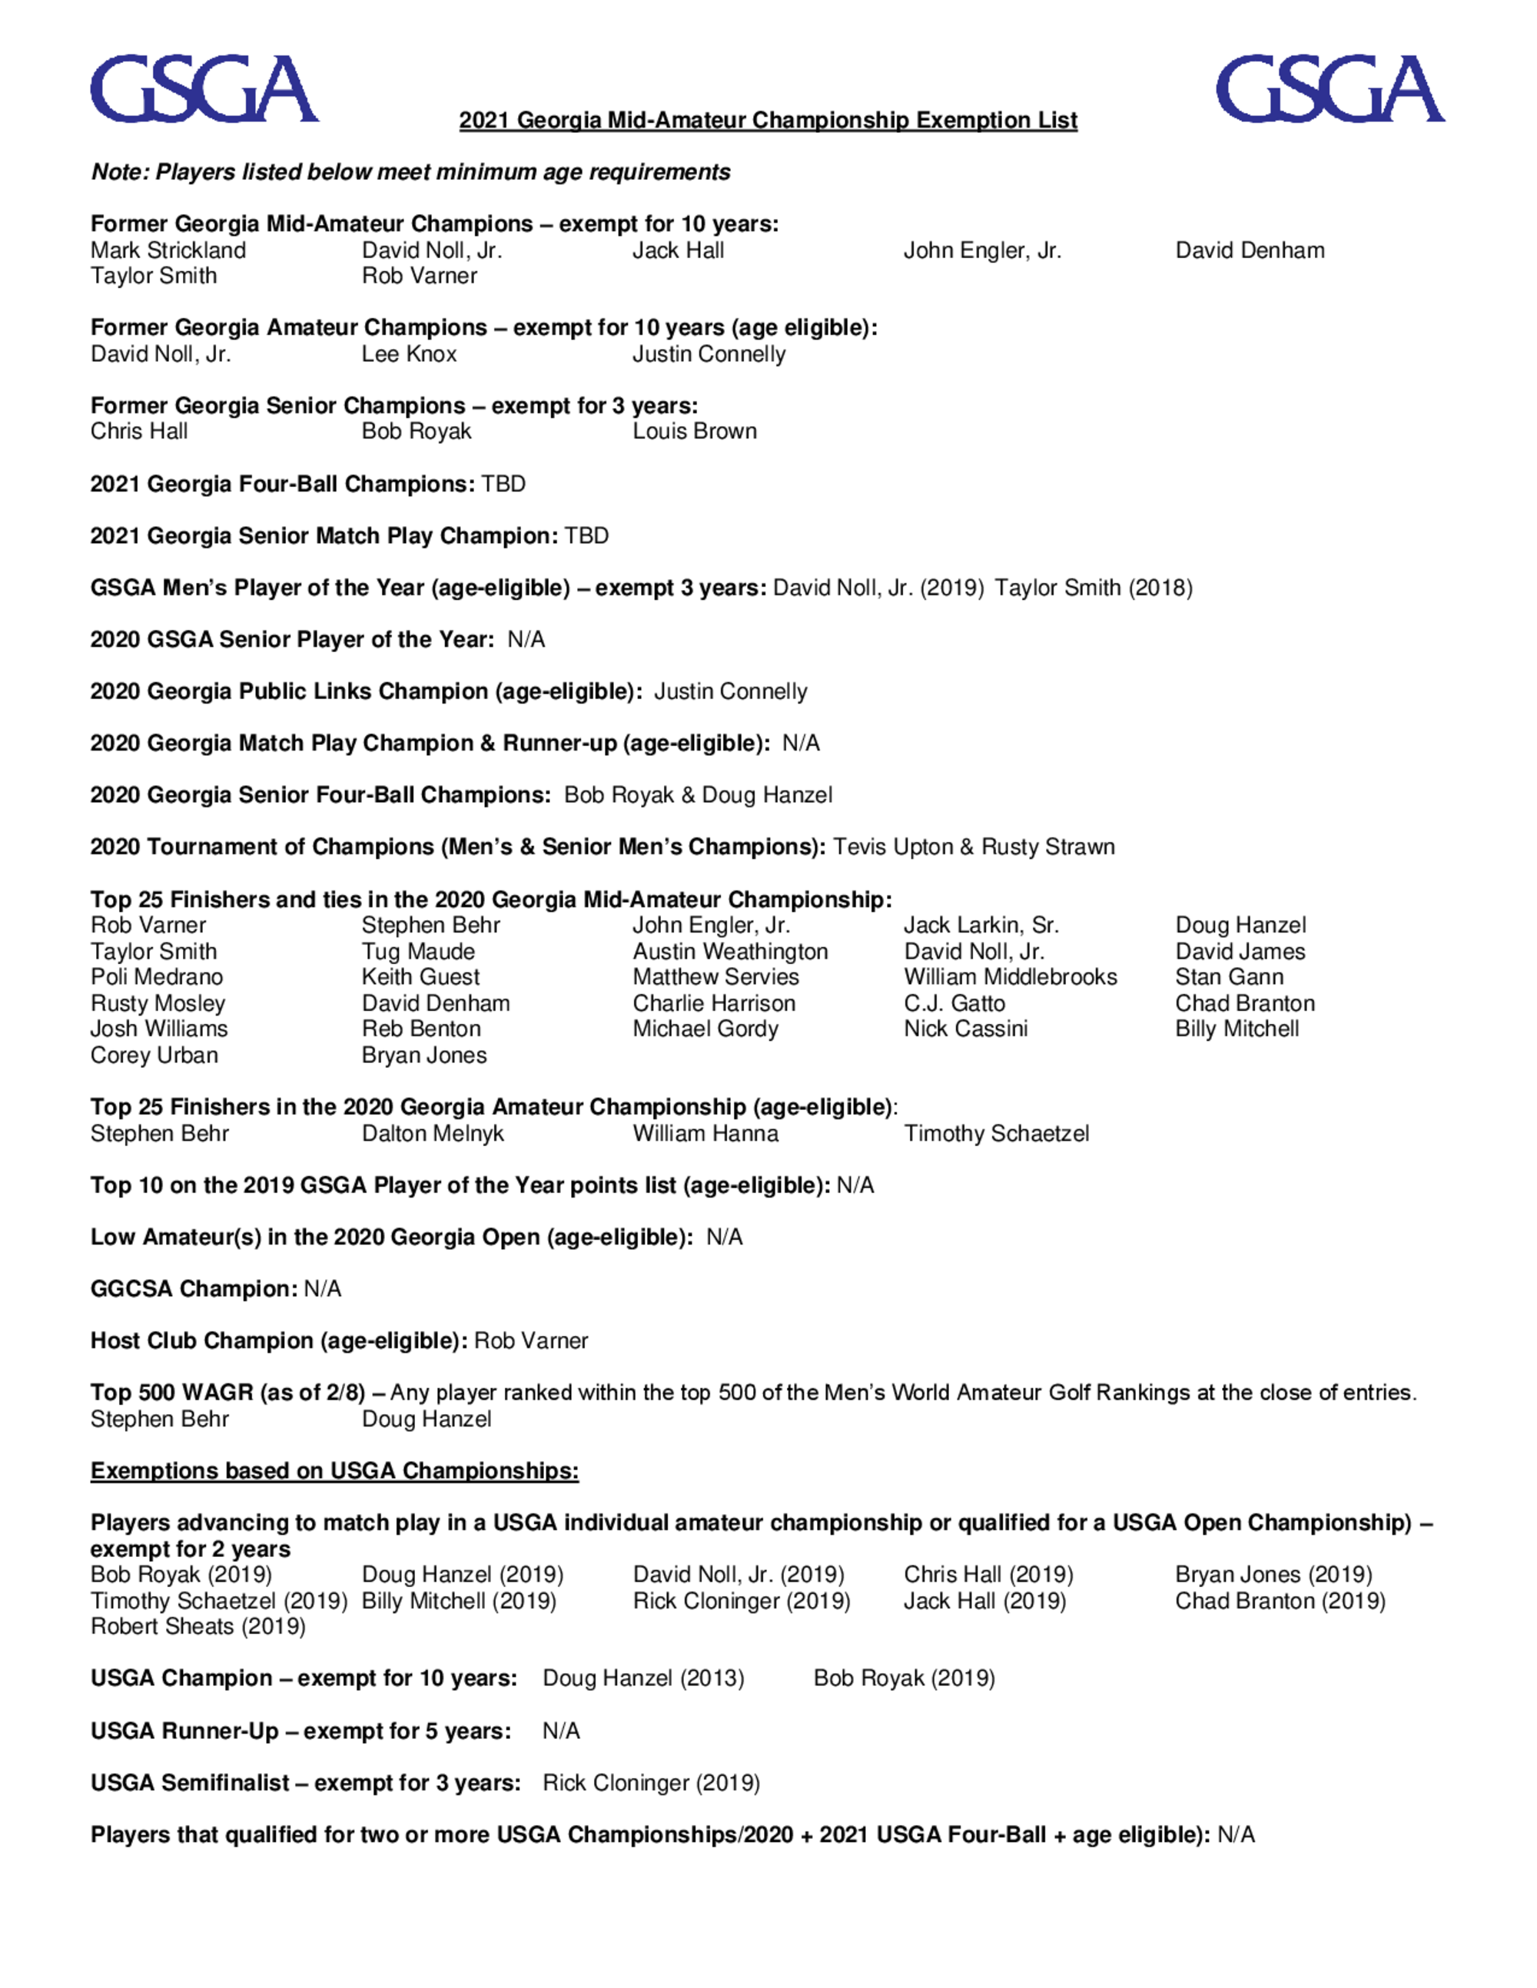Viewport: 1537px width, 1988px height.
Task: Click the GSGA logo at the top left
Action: click(x=204, y=89)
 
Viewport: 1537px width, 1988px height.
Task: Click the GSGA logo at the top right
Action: click(x=1330, y=89)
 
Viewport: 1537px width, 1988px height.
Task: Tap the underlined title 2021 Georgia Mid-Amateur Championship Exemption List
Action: click(x=768, y=120)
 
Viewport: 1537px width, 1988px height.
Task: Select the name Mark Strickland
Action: click(x=168, y=250)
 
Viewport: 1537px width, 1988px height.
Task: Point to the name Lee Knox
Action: click(x=409, y=354)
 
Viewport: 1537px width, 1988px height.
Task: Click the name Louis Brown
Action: click(x=695, y=432)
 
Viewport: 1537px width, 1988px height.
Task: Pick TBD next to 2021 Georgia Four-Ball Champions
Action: click(x=503, y=483)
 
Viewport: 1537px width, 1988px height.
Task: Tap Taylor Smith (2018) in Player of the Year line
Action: click(x=1093, y=588)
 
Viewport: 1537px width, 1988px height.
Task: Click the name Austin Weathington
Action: click(x=730, y=952)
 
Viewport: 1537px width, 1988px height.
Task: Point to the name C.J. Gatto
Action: click(x=954, y=1004)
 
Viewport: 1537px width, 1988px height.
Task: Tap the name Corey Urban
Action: click(x=154, y=1056)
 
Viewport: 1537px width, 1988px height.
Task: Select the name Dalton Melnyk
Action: click(x=433, y=1134)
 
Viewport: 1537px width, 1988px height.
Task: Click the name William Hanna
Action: click(x=705, y=1134)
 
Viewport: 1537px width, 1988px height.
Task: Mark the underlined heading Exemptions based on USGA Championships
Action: click(x=334, y=1472)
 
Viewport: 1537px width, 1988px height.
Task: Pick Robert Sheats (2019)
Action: click(x=198, y=1627)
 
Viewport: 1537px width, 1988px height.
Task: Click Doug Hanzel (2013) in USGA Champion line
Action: click(x=642, y=1678)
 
